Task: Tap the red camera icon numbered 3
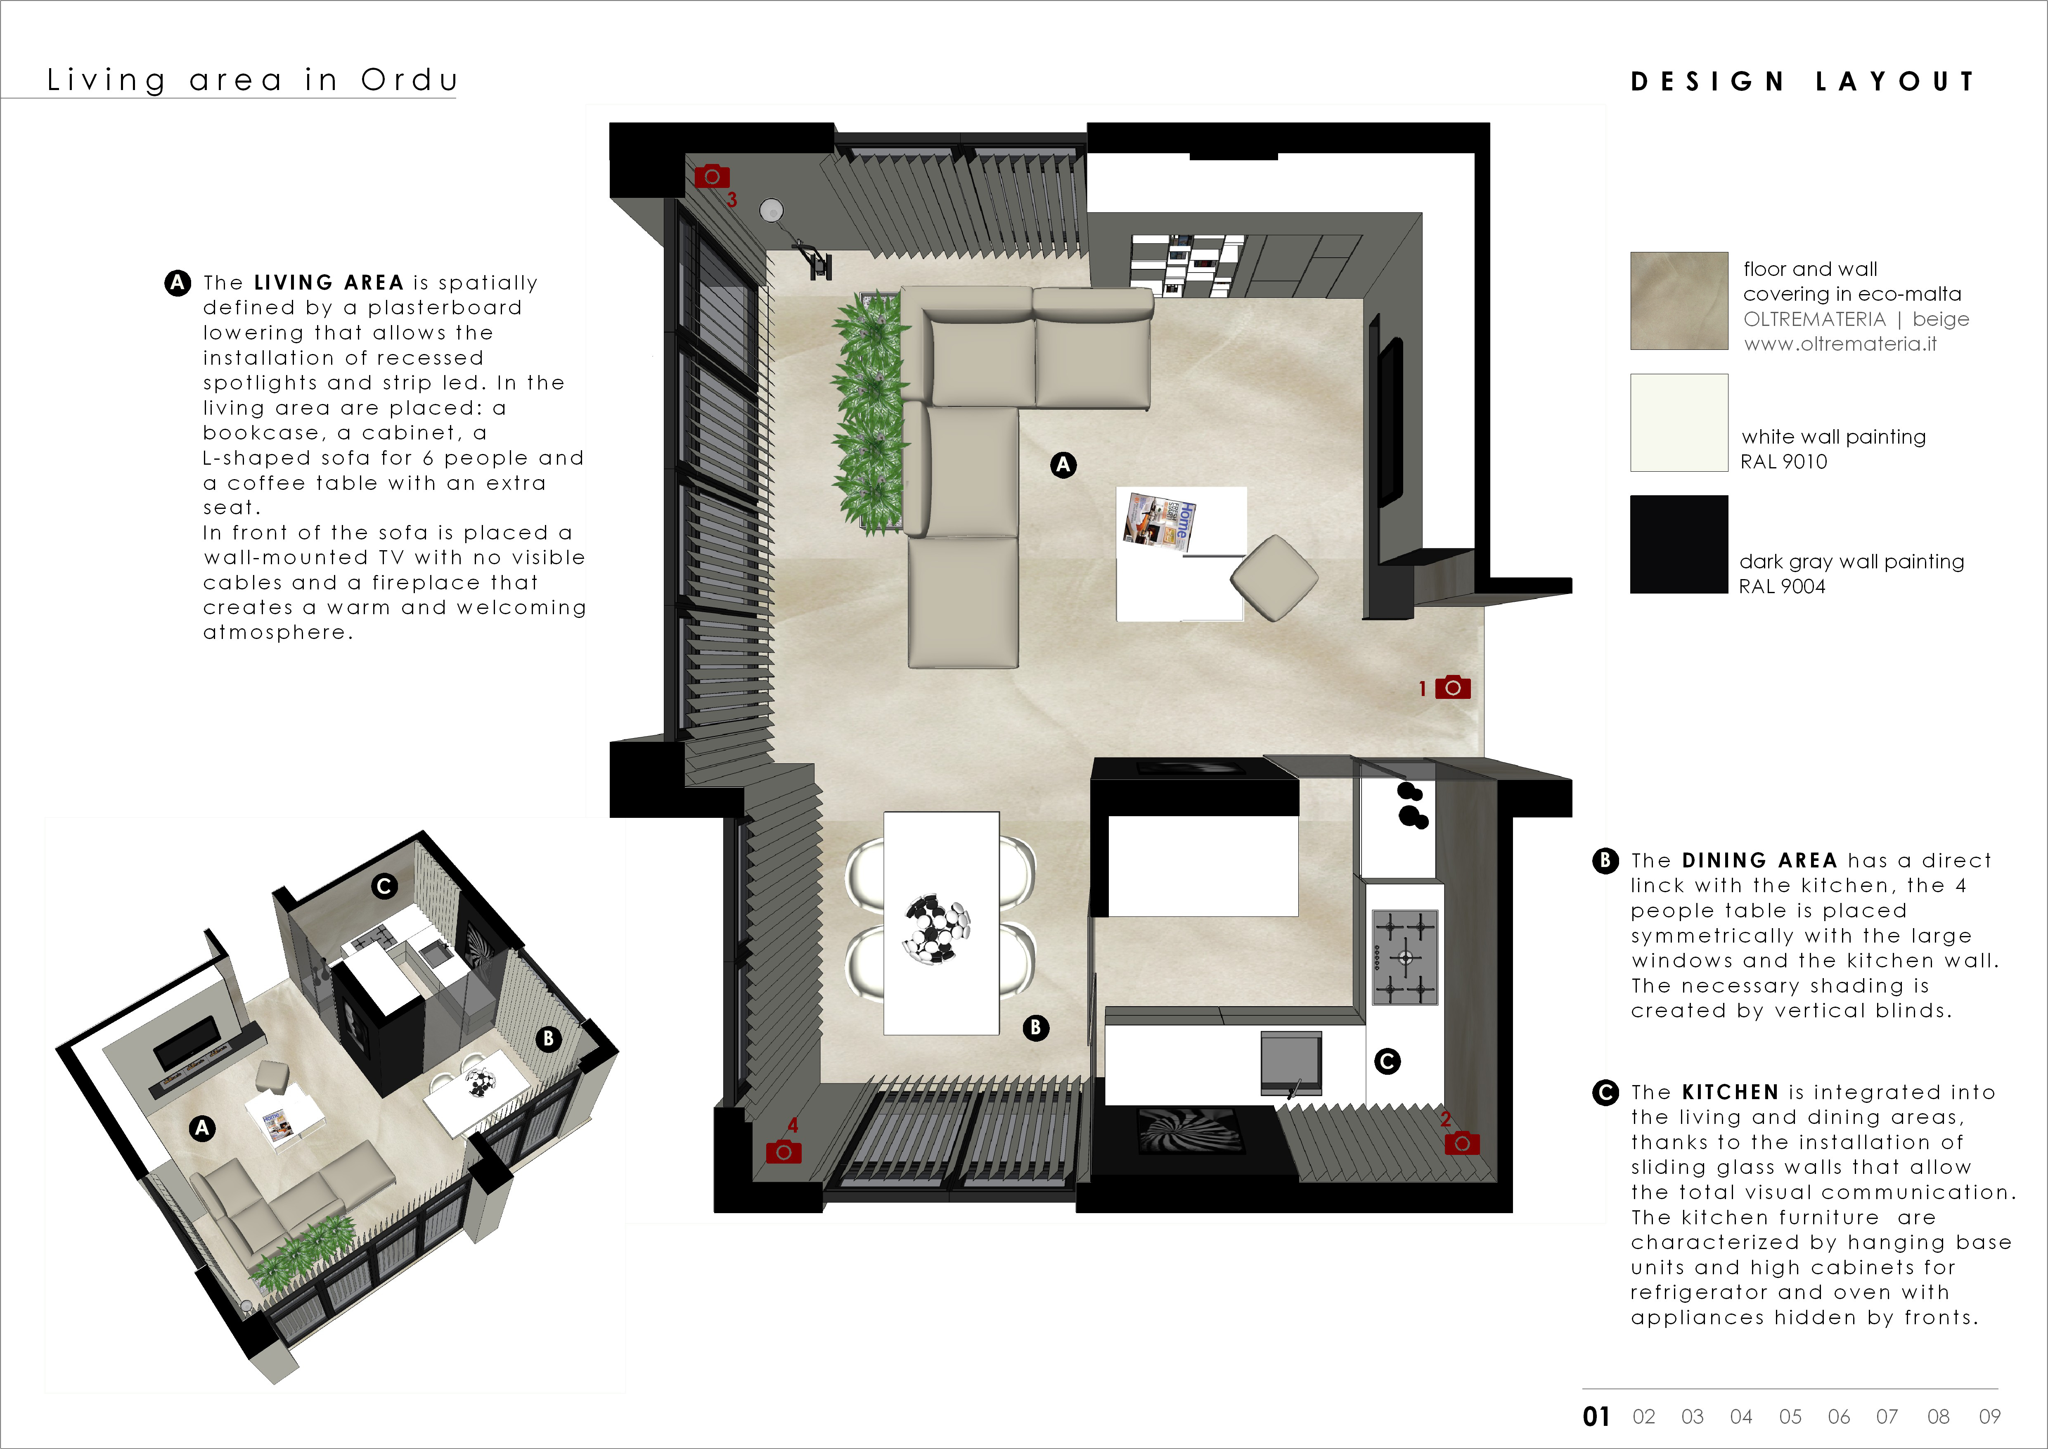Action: pyautogui.click(x=712, y=176)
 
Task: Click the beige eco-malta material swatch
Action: pyautogui.click(x=1679, y=301)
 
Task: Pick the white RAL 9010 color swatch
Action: pyautogui.click(x=1679, y=422)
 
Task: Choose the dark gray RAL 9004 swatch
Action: pyautogui.click(x=1679, y=544)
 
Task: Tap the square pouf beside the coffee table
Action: pyautogui.click(x=1274, y=578)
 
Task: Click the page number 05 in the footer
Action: pyautogui.click(x=1790, y=1417)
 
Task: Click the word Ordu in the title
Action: pyautogui.click(x=410, y=80)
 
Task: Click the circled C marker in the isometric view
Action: pyautogui.click(x=384, y=886)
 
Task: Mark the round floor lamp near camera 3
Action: pyautogui.click(x=772, y=211)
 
